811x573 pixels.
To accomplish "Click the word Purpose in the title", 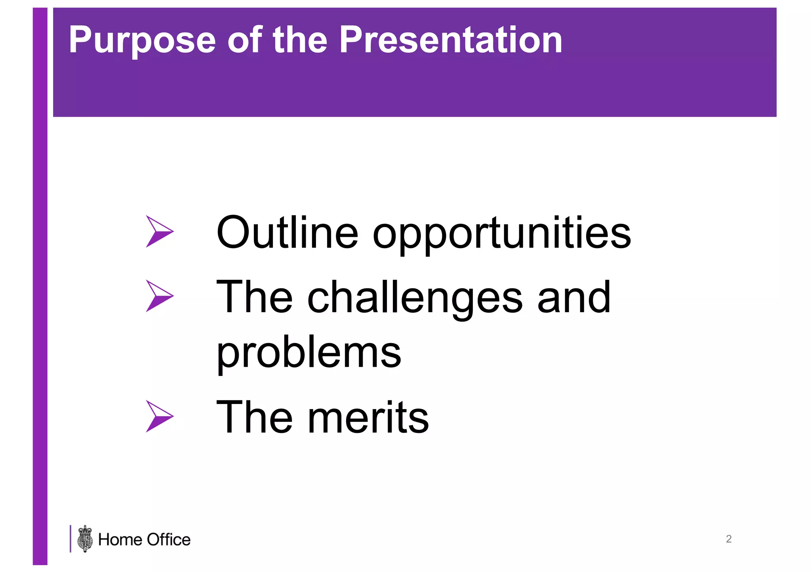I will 142,40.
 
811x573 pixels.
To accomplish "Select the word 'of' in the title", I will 244,40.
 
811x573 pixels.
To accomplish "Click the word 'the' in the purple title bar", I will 300,40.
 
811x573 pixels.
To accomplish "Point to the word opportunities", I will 502,235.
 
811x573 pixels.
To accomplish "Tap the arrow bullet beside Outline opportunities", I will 159,231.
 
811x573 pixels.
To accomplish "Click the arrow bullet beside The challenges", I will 159,296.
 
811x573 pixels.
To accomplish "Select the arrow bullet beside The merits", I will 159,416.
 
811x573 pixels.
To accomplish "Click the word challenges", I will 415,298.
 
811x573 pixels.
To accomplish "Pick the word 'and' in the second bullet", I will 574,298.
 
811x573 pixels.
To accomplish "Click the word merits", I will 368,417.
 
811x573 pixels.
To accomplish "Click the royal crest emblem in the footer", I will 85,539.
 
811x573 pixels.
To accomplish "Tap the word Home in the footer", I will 120,540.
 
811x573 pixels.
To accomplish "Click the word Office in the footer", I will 168,540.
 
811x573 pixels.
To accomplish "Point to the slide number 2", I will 729,539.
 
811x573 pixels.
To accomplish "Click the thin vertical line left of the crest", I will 70,539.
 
